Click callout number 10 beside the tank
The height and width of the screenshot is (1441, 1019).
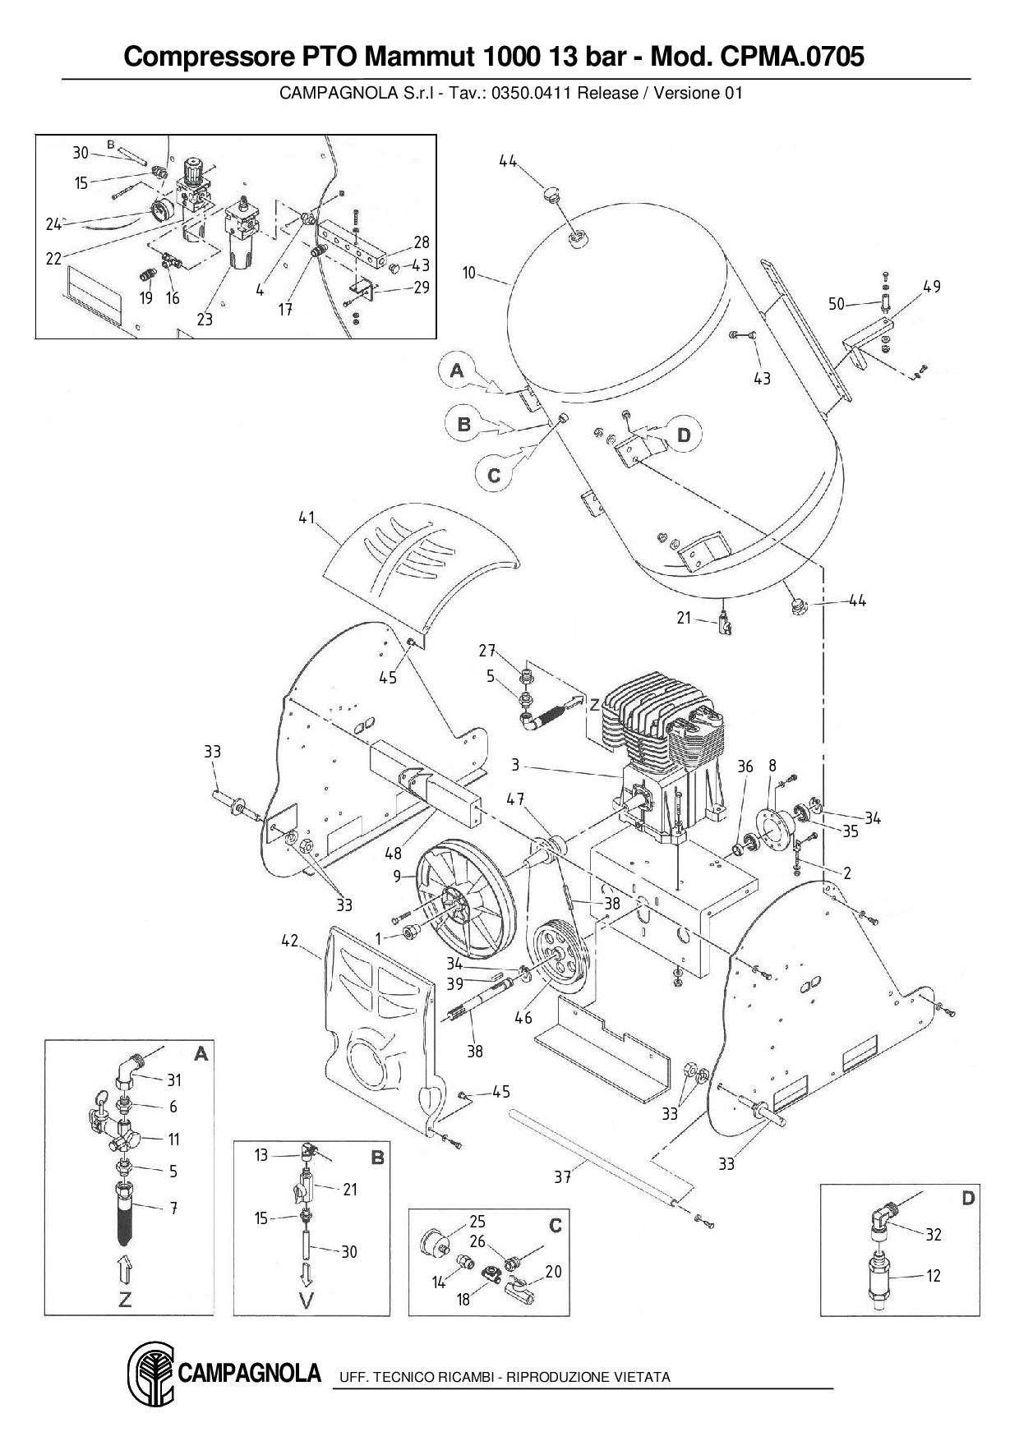(x=469, y=273)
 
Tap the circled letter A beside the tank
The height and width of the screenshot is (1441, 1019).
(x=458, y=371)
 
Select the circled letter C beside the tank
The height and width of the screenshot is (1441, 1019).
(x=494, y=476)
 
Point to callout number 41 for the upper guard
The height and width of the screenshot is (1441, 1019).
(x=307, y=518)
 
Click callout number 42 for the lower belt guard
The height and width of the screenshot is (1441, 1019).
(x=289, y=941)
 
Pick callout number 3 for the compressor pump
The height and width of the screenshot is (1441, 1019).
(x=515, y=766)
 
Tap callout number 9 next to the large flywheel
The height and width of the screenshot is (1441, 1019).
(x=398, y=877)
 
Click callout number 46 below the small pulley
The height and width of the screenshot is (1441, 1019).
(x=523, y=1018)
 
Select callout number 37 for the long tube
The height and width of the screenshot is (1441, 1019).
(x=562, y=1177)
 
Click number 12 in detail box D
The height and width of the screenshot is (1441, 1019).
(x=934, y=1276)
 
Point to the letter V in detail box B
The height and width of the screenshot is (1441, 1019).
(x=307, y=1301)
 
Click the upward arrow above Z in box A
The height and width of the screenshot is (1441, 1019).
(x=123, y=1268)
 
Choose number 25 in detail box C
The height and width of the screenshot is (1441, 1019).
(x=477, y=1222)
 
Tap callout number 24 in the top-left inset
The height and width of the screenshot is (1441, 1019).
(x=53, y=224)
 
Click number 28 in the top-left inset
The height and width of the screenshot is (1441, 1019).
(x=422, y=242)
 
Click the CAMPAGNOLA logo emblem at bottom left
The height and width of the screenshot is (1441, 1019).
(x=150, y=1374)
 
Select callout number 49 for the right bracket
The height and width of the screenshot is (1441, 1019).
(x=932, y=287)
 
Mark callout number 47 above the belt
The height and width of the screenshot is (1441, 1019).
(x=515, y=799)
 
